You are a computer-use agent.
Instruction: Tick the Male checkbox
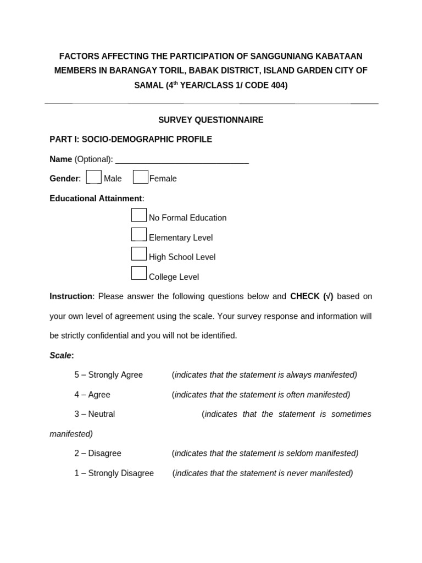[x=94, y=177]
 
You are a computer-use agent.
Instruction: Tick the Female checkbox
[x=141, y=177]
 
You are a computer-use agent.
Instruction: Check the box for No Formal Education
[x=139, y=216]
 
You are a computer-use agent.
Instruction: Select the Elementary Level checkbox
[x=139, y=235]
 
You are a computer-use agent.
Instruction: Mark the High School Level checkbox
[x=139, y=254]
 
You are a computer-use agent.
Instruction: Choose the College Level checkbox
[x=139, y=273]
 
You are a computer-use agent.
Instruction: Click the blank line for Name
[x=182, y=160]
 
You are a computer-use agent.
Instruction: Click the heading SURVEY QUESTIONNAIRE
[x=211, y=120]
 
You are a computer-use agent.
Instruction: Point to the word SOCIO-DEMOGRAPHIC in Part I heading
[x=119, y=140]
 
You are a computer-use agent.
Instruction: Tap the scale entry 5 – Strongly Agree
[x=109, y=375]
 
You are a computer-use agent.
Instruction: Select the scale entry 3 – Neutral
[x=95, y=414]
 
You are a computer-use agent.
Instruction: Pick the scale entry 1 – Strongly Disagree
[x=114, y=473]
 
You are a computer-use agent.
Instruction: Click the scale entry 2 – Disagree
[x=98, y=454]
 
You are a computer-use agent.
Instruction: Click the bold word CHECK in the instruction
[x=305, y=296]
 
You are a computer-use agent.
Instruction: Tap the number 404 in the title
[x=277, y=86]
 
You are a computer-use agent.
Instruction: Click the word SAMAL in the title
[x=149, y=86]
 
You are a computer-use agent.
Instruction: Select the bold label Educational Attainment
[x=96, y=198]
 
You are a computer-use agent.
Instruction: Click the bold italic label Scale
[x=61, y=356]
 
